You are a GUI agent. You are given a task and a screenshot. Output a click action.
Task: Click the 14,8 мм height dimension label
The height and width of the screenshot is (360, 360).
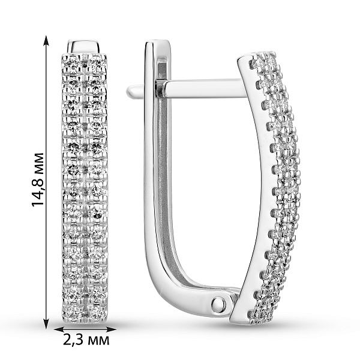[x=38, y=179]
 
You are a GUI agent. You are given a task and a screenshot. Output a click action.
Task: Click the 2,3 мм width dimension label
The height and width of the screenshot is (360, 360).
[x=86, y=340]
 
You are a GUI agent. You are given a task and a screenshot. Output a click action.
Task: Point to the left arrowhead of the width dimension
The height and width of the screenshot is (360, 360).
[x=59, y=329]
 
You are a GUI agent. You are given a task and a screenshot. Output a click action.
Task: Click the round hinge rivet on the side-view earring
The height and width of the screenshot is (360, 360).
[x=218, y=304]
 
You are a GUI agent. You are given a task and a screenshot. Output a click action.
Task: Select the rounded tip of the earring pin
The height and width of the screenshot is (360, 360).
[x=131, y=91]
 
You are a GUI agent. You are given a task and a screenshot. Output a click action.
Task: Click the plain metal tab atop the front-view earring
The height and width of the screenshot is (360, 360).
[x=85, y=47]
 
